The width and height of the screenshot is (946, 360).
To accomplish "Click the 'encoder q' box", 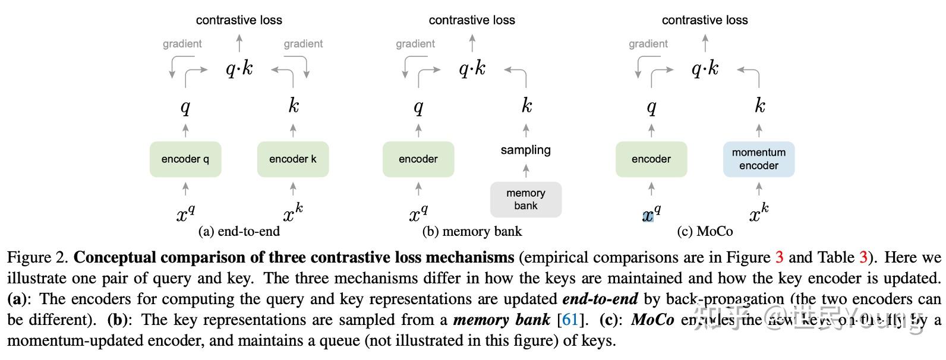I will click(x=185, y=159).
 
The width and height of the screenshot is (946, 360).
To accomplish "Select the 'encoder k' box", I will click(x=292, y=159).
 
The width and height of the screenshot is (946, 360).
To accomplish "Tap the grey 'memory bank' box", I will click(x=525, y=200).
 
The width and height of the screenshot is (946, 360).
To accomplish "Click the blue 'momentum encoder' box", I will click(x=758, y=159).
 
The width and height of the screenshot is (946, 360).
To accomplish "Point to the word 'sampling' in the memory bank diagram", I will click(x=525, y=150).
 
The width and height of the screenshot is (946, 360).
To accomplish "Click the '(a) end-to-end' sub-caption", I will click(x=239, y=231).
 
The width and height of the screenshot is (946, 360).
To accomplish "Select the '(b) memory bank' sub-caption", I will click(x=472, y=231).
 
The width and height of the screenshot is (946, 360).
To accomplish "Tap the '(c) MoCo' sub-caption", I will click(x=705, y=231).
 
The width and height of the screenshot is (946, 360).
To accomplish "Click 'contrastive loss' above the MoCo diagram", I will click(x=705, y=20).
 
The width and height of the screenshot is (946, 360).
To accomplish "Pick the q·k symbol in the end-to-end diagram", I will click(x=239, y=69).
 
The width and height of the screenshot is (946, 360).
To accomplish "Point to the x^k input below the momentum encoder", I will click(x=758, y=213).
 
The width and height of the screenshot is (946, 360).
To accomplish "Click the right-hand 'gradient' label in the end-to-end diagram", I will click(x=303, y=44).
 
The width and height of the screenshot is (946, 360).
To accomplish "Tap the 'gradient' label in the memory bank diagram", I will click(x=415, y=44).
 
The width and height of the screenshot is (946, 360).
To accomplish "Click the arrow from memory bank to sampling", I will click(x=525, y=171).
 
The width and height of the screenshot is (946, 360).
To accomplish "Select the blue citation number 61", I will click(x=570, y=320).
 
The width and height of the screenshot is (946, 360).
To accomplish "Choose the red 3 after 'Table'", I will click(x=863, y=258).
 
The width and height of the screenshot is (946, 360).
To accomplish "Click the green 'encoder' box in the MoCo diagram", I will click(x=651, y=159).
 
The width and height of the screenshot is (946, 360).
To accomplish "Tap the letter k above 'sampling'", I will click(x=526, y=106).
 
